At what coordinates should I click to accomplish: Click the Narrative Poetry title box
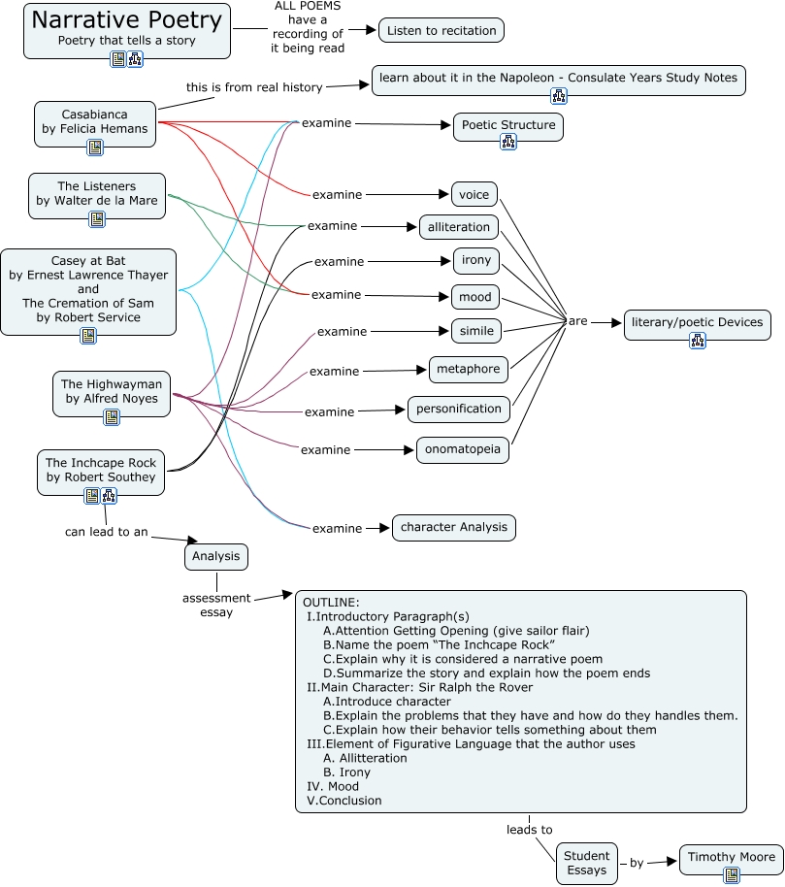coord(127,27)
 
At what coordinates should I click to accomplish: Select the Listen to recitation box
coord(442,31)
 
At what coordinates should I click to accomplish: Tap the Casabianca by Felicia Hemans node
coord(95,121)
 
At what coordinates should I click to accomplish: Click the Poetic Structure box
coord(507,125)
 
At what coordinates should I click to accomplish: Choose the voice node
coord(474,194)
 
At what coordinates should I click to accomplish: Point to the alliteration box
coord(459,227)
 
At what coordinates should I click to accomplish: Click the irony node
coord(476,260)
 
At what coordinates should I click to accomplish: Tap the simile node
coord(476,331)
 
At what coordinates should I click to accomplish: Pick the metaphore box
coord(469,369)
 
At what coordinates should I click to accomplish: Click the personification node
coord(459,409)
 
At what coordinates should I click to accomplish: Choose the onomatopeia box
coord(463,448)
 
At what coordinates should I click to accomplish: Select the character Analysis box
coord(453,527)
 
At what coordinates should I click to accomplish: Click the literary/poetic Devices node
coord(697,322)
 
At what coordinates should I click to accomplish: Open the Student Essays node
coord(587,863)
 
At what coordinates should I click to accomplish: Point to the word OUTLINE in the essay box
coord(331,603)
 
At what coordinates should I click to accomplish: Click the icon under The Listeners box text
coord(97,219)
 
